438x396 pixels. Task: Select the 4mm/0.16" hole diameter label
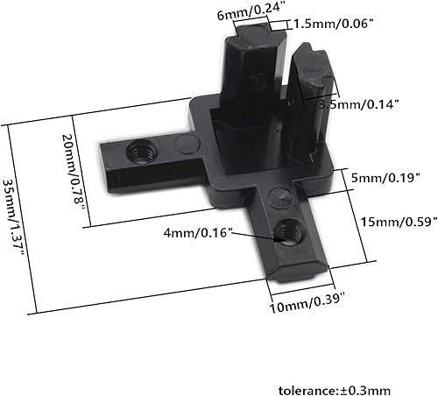[217, 232]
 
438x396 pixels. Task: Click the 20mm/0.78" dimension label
[75, 171]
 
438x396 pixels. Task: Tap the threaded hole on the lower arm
[285, 232]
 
